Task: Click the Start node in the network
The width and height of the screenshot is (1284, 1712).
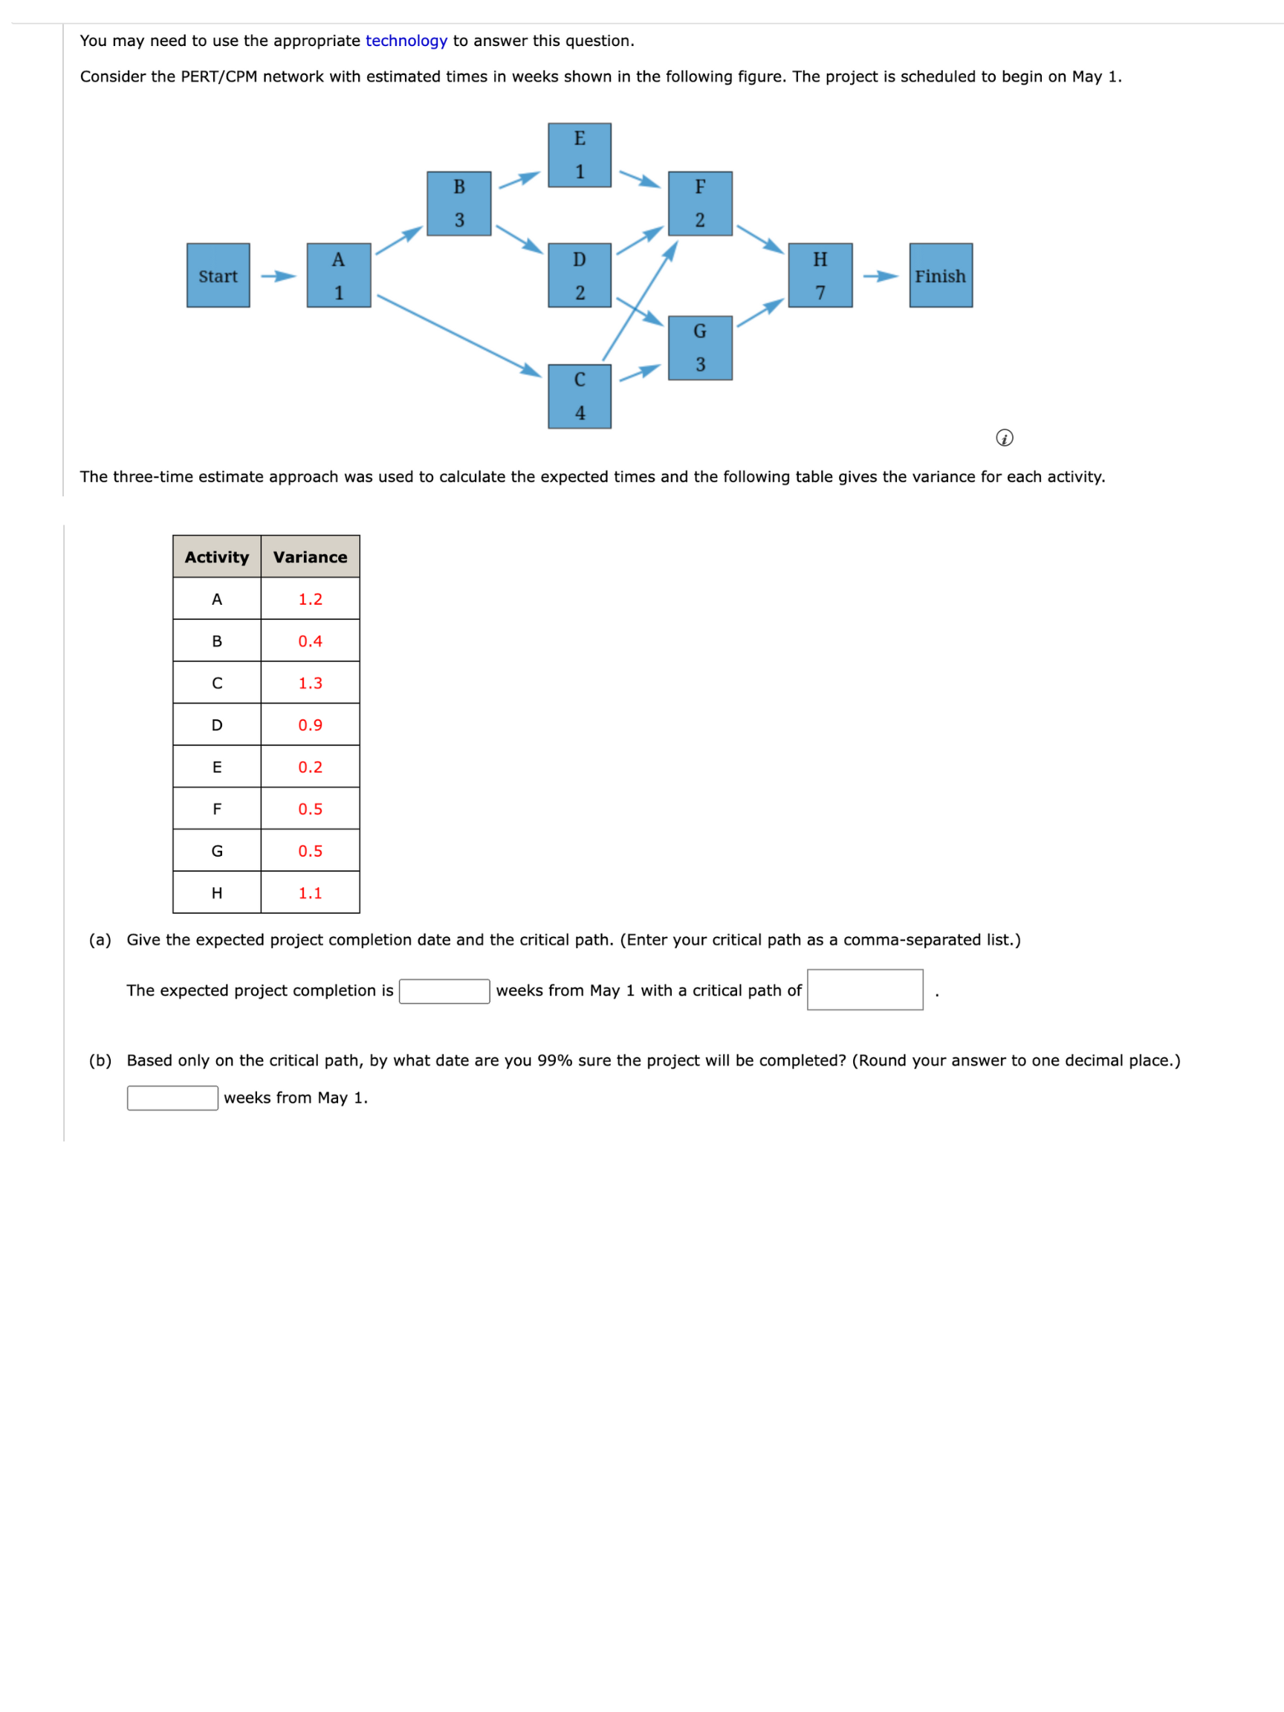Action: click(218, 276)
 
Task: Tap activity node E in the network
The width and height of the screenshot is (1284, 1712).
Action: click(579, 155)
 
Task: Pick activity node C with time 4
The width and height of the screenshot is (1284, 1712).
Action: click(579, 396)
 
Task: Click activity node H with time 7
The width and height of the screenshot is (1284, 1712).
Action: click(820, 276)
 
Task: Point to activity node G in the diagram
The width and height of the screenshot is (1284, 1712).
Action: click(700, 348)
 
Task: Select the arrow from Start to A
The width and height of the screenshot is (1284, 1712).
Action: click(278, 276)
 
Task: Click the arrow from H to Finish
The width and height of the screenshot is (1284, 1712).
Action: click(880, 276)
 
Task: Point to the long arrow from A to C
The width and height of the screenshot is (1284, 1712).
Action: click(458, 335)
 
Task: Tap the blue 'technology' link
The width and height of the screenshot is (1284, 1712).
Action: click(406, 41)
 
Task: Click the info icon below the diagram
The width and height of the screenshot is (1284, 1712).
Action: click(1004, 438)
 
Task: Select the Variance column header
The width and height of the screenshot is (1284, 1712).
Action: click(310, 557)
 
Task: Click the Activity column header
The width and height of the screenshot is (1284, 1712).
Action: click(217, 557)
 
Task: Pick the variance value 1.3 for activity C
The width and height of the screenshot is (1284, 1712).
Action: click(310, 683)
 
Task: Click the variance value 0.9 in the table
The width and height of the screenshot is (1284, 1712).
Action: click(310, 724)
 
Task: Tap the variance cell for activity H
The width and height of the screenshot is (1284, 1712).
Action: click(310, 892)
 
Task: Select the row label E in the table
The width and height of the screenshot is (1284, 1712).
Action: click(217, 766)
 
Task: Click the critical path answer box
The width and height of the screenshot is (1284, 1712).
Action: click(864, 989)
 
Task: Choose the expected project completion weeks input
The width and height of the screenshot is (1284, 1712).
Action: click(444, 990)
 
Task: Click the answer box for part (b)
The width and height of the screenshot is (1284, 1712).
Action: click(172, 1097)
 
